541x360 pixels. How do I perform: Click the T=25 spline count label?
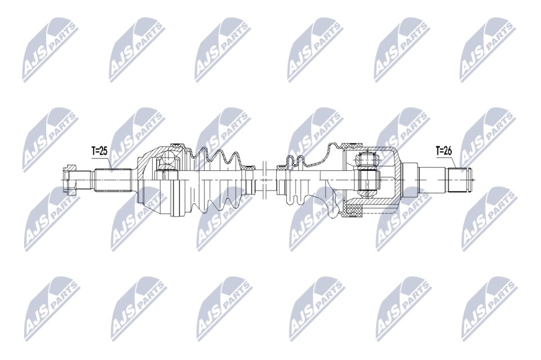[99, 151]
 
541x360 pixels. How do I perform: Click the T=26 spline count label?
[443, 151]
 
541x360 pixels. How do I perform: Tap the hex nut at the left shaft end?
[70, 179]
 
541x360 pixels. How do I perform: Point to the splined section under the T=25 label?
[113, 179]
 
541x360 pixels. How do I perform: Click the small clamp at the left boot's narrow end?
[248, 168]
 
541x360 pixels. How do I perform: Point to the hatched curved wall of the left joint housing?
[148, 158]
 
